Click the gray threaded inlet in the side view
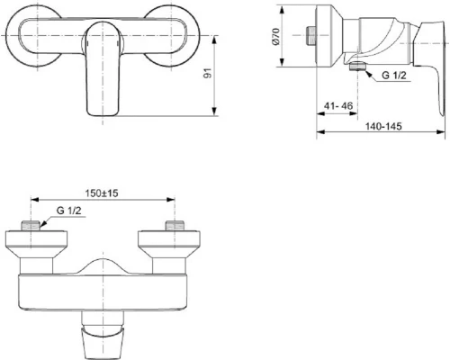point(310,38)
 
